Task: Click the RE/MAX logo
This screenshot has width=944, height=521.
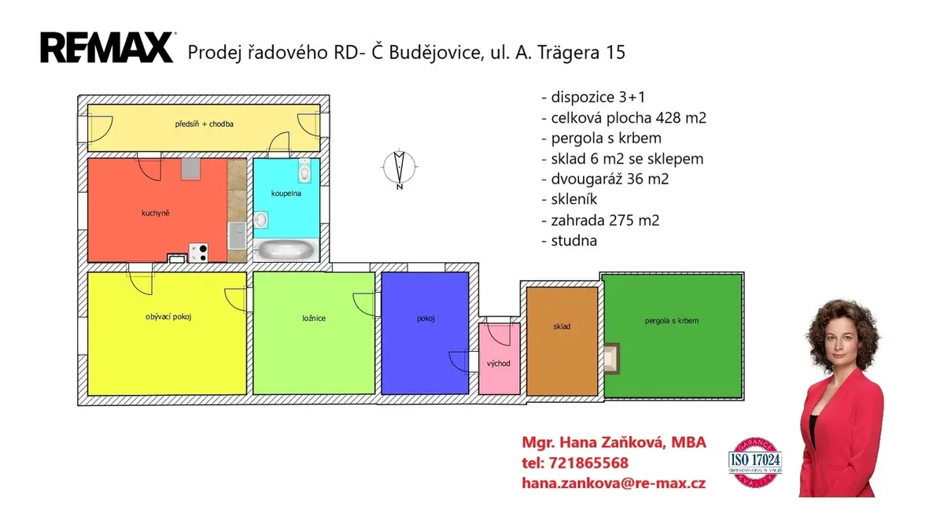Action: (x=107, y=48)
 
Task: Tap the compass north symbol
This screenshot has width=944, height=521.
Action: (x=399, y=168)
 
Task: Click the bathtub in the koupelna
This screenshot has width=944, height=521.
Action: (x=286, y=249)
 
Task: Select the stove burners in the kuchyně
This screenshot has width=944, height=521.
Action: (x=198, y=253)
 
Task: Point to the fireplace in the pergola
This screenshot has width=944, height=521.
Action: (x=611, y=359)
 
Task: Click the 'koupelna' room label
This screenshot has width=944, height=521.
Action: (x=286, y=194)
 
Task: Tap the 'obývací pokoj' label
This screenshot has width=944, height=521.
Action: (x=168, y=316)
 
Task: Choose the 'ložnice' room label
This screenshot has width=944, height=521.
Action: (x=314, y=318)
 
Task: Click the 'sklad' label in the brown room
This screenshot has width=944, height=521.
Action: (x=562, y=327)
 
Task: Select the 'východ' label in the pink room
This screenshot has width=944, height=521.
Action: (x=499, y=364)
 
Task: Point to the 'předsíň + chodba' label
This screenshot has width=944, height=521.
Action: (x=204, y=124)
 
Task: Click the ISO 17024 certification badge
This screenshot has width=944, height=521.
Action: (x=754, y=463)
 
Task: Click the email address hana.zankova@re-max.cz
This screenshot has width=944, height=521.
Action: (x=614, y=483)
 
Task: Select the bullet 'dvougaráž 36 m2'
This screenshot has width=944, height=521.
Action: (x=605, y=179)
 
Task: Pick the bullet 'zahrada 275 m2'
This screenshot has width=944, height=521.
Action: (x=600, y=220)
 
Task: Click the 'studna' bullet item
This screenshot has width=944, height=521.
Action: (x=570, y=241)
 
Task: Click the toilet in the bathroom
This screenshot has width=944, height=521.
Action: (x=304, y=171)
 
